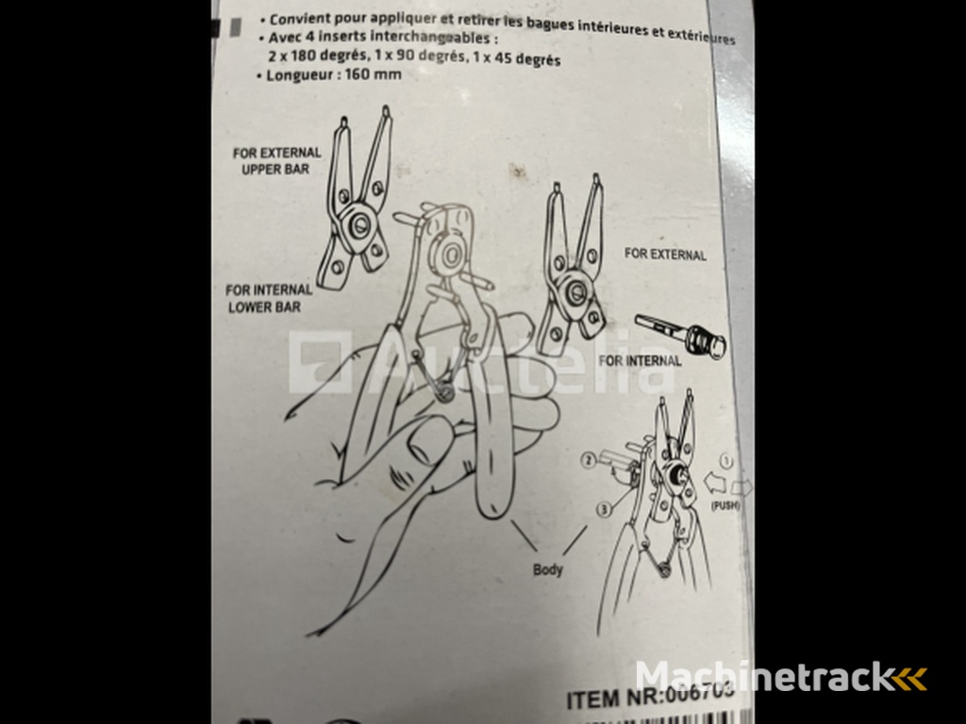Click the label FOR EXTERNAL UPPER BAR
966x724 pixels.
[x=276, y=160]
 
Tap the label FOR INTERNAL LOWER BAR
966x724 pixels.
[x=269, y=299]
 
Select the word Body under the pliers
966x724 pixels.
[x=547, y=569]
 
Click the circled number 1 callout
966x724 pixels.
[x=726, y=462]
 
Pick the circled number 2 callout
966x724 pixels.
[x=590, y=461]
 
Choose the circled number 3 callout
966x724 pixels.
[x=601, y=510]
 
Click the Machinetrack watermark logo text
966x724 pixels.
[x=765, y=677]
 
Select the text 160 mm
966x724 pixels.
[x=372, y=75]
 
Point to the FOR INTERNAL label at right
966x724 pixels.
[x=640, y=360]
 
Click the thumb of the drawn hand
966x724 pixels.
[x=415, y=443]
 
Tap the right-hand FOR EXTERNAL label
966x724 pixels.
[x=664, y=255]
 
